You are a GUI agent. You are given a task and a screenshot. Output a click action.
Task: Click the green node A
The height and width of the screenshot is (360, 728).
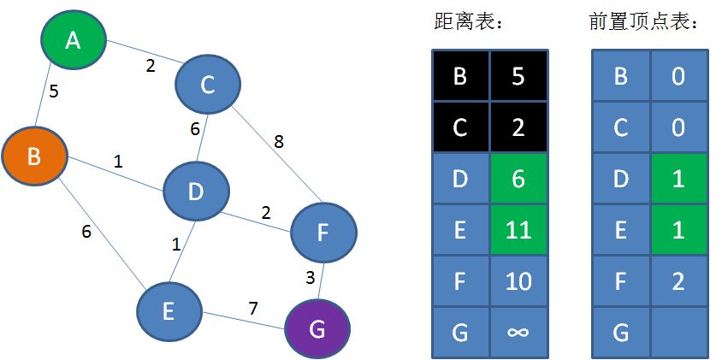(x=74, y=39)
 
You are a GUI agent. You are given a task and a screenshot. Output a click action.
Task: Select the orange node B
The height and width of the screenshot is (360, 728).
(x=34, y=156)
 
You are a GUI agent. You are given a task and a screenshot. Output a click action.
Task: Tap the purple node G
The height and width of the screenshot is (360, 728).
(x=317, y=330)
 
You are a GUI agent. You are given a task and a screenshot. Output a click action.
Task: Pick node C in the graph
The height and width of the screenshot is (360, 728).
(x=207, y=85)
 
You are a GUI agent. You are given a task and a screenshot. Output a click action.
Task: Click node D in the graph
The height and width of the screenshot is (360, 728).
(x=196, y=192)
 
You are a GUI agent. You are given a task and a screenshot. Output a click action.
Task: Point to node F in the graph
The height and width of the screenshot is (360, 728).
(x=323, y=231)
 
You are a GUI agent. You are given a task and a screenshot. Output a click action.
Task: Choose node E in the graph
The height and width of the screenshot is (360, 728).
(x=169, y=311)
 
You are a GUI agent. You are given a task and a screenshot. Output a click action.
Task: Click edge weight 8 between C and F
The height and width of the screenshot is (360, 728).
(x=279, y=142)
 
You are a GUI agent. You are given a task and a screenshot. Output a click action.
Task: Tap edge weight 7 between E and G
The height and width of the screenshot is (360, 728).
(x=253, y=307)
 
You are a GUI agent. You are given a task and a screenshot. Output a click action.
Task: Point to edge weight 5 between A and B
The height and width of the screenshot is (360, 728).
(x=54, y=91)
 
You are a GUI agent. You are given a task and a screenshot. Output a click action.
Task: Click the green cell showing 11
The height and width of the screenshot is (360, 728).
(x=518, y=229)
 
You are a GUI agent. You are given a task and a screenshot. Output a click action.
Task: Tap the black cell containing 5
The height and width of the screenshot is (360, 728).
(x=518, y=76)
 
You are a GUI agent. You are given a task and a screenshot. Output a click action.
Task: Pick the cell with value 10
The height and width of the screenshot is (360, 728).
(x=518, y=280)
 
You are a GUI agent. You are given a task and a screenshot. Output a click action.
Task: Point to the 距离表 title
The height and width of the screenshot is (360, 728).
(x=467, y=23)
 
